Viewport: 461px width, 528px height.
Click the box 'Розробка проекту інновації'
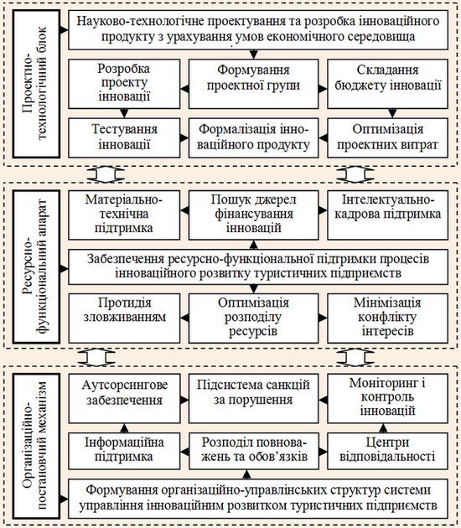click(124, 84)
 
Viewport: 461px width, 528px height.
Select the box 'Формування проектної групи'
click(254, 84)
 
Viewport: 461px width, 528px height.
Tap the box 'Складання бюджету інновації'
click(387, 84)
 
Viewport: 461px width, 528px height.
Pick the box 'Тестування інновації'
click(124, 137)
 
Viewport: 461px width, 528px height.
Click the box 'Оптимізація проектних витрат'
click(387, 137)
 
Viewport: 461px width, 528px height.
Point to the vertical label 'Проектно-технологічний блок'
click(36, 84)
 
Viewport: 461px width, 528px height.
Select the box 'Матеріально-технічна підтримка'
click(124, 215)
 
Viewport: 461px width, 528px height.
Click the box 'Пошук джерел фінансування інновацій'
click(254, 215)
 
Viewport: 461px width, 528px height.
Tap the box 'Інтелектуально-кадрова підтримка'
click(387, 215)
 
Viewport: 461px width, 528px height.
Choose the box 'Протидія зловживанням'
click(124, 318)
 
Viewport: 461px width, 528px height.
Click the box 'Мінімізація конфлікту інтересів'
click(387, 318)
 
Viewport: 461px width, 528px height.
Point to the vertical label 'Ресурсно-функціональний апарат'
click(36, 267)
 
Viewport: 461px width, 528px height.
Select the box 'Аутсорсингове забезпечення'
click(124, 398)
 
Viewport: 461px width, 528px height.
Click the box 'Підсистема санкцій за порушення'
click(254, 398)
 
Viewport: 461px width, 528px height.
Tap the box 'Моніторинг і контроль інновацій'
click(387, 398)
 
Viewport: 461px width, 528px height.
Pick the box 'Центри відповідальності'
click(387, 451)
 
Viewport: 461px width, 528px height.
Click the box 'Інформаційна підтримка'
click(124, 451)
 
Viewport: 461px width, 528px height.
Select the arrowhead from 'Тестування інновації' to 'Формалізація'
click(184, 137)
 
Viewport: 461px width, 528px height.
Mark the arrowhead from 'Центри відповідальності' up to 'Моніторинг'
click(383, 428)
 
